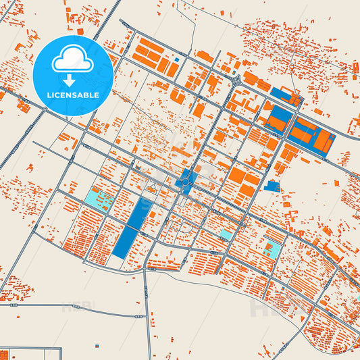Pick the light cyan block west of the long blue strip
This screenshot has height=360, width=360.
(99, 200)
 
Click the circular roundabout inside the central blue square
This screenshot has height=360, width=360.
(185, 180)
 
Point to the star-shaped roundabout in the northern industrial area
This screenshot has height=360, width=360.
(236, 80)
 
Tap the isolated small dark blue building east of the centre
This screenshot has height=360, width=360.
(272, 186)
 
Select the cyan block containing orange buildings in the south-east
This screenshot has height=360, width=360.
(272, 249)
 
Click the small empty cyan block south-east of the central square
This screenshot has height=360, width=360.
(226, 234)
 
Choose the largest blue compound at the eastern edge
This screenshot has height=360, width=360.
(312, 138)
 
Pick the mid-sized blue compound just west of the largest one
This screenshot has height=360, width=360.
(278, 120)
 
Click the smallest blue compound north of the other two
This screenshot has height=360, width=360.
(286, 97)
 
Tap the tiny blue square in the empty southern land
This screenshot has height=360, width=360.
(97, 345)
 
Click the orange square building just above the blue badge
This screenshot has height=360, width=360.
(80, 31)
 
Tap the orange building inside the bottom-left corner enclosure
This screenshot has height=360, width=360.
(5, 354)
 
